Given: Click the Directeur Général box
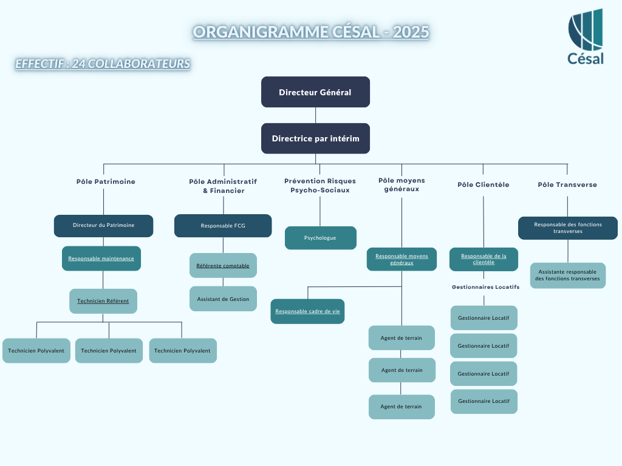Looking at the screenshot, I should (315, 92).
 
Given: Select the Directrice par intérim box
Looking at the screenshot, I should (315, 138).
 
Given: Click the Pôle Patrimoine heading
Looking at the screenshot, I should (106, 181).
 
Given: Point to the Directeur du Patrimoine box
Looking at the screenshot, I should (103, 226).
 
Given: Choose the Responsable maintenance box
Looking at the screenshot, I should (101, 258).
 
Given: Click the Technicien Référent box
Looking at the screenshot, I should (103, 301).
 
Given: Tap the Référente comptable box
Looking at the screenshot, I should (223, 266).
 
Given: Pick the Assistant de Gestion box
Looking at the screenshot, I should (223, 299).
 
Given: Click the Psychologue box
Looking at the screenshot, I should (320, 238).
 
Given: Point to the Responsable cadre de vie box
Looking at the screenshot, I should (307, 311).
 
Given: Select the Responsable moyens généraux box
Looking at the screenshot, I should (402, 259).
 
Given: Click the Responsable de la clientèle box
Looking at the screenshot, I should (484, 259).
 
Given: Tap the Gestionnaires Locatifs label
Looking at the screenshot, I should (485, 287).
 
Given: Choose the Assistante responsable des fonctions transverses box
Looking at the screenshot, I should (567, 275).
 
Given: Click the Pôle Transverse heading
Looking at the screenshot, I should (567, 184).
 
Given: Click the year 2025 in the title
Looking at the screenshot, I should (411, 32).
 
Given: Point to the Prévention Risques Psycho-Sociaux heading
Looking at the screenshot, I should (320, 186).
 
